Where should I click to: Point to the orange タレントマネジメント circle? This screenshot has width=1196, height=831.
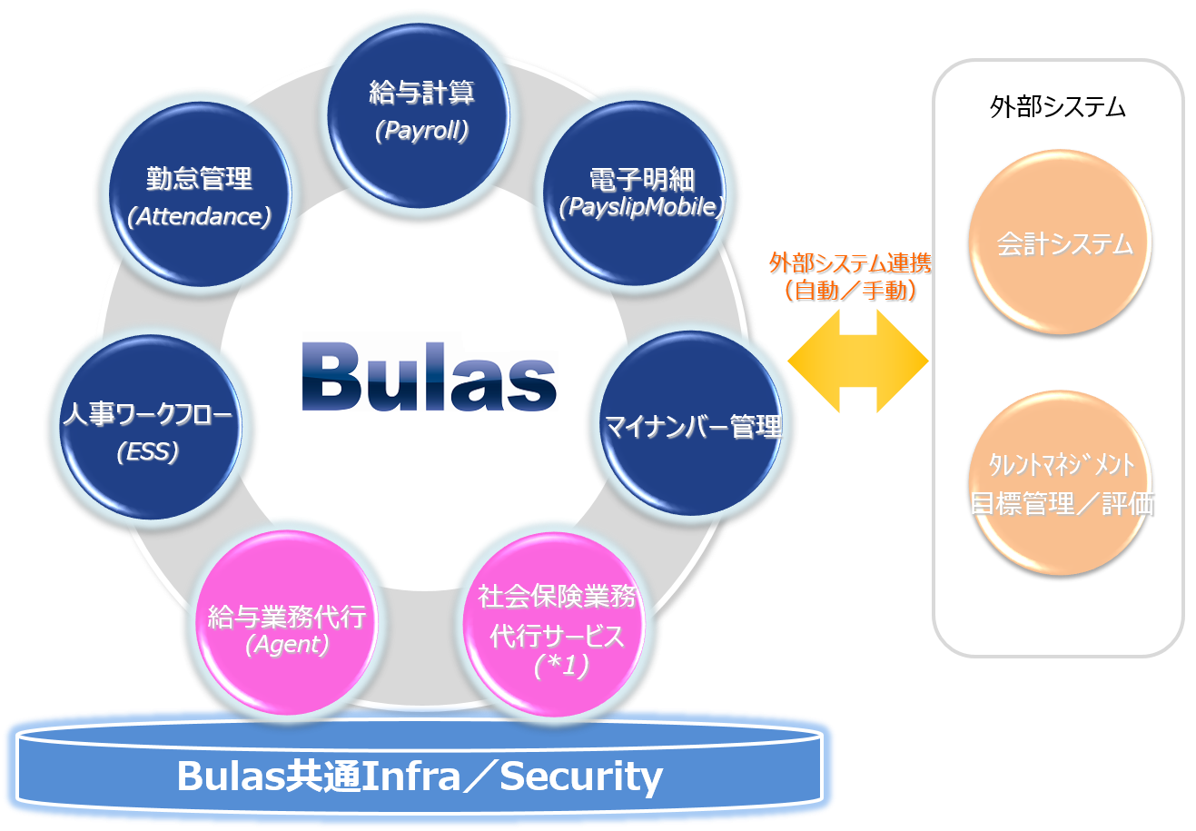click(x=1060, y=482)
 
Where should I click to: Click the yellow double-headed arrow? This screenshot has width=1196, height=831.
click(x=858, y=361)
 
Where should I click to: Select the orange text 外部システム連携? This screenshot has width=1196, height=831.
click(x=850, y=264)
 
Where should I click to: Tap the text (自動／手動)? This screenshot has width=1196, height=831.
click(x=850, y=292)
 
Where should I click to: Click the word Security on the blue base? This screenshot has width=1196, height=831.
click(x=581, y=777)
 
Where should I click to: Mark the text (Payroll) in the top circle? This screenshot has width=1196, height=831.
click(x=422, y=131)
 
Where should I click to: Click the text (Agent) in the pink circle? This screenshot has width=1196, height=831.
click(x=287, y=645)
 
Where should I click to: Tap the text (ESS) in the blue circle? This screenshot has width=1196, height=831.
click(x=148, y=451)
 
